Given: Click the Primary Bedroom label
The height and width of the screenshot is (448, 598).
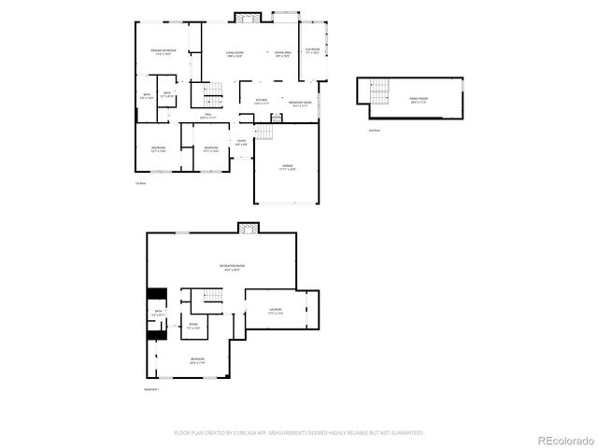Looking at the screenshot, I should point(164,52).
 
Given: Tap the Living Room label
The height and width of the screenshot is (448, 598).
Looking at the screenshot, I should point(235,54).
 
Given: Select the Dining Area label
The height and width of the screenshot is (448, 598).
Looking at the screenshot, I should point(282,54).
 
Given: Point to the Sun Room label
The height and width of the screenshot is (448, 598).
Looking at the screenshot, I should point(312,50).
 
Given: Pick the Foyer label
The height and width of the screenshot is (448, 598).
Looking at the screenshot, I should point(241,143).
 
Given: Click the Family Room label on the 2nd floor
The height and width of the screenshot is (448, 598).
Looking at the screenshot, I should point(418,99).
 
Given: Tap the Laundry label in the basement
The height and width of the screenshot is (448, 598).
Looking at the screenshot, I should point(276,311).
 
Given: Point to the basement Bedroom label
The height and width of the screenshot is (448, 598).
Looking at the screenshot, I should point(197,359).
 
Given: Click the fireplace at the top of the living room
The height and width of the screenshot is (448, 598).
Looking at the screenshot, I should point(248,18).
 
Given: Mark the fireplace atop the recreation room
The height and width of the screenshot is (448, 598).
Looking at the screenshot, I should point(247,227).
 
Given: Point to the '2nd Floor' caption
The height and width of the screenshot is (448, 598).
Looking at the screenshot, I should point(374,130).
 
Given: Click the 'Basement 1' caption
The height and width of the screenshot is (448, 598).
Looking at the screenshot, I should point(152,388).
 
